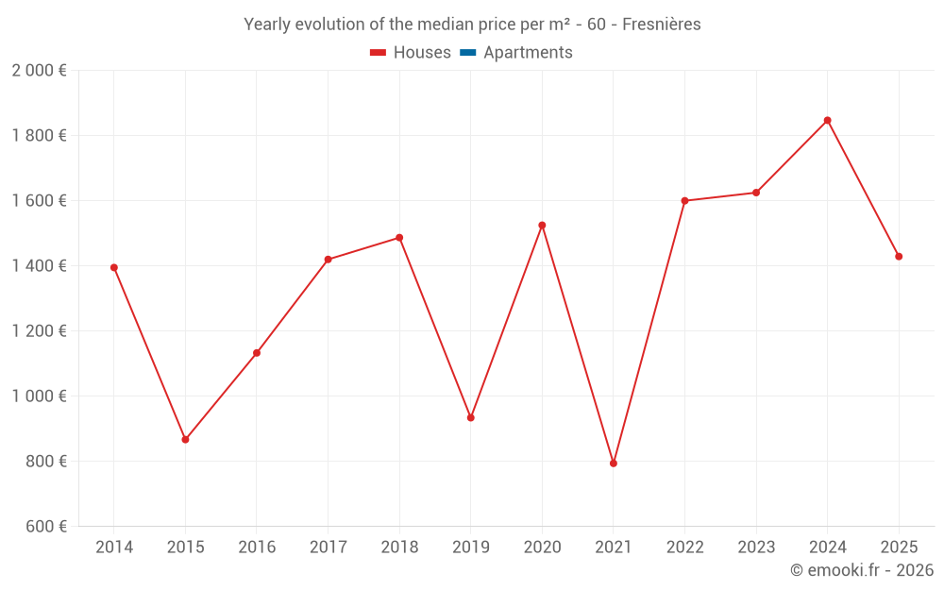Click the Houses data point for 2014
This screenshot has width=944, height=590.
[x=114, y=267]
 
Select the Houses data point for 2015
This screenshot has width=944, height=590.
[x=185, y=440]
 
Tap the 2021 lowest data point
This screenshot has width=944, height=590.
[x=614, y=464]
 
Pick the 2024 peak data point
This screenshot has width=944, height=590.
[x=828, y=120]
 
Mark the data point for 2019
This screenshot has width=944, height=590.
[x=471, y=417]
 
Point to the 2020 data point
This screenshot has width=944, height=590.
[x=542, y=225]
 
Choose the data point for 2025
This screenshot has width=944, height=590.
[x=899, y=257]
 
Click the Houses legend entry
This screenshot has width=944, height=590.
[x=411, y=53]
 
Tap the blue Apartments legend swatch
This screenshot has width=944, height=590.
[x=467, y=53]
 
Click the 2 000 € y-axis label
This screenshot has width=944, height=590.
[x=39, y=71]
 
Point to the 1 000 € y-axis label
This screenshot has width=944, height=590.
[x=39, y=396]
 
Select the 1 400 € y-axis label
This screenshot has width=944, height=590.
[x=39, y=266]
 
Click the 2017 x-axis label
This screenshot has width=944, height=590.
[x=328, y=548]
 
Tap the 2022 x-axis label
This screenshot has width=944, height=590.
[x=684, y=548]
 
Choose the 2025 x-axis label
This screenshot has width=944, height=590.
[x=899, y=548]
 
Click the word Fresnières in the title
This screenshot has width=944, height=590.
[x=662, y=25]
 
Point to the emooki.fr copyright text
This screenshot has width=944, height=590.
[x=862, y=570]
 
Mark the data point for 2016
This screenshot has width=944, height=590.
[x=257, y=353]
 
